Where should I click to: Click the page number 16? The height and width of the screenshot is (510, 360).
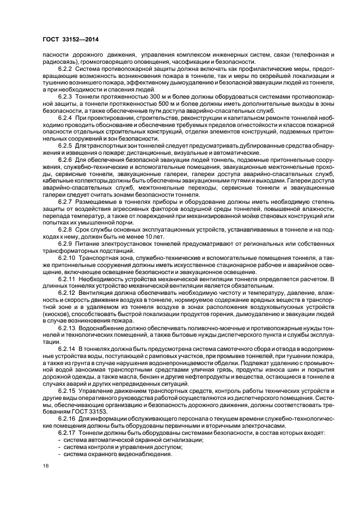point(46,466)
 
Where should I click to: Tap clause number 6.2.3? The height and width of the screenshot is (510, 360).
point(66,95)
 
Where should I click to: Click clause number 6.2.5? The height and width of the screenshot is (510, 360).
point(66,147)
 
